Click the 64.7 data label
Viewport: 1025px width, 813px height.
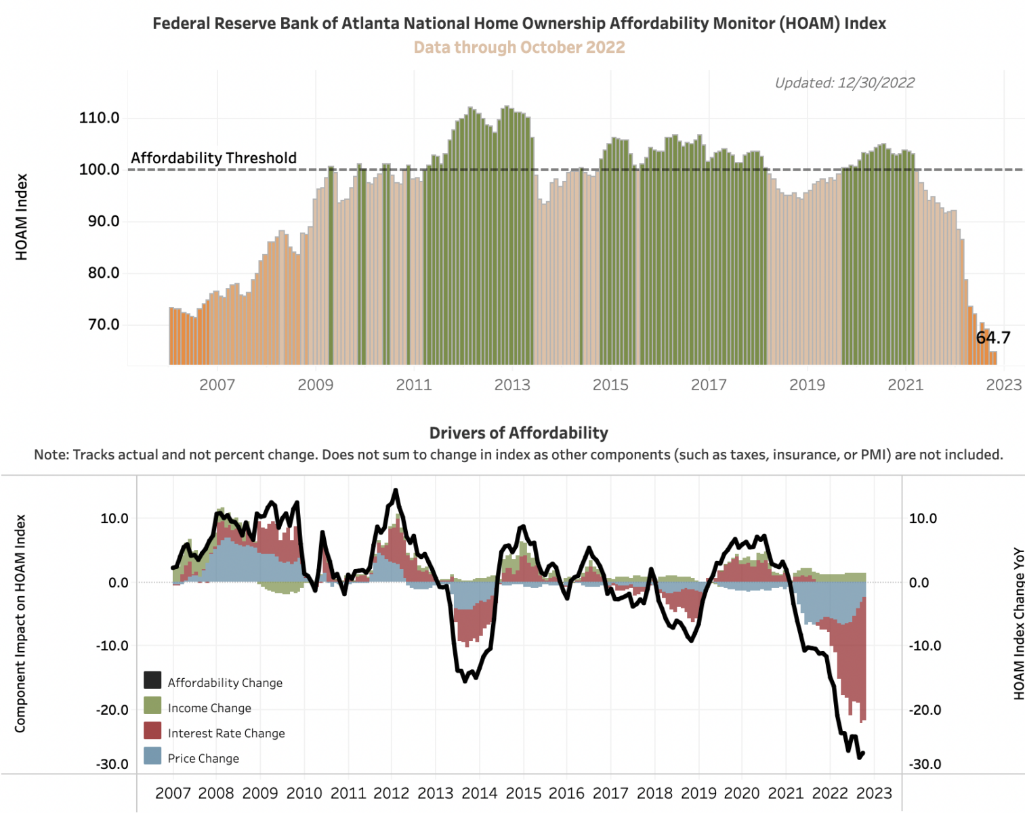[x=993, y=337]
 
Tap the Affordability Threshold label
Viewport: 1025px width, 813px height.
[x=213, y=158]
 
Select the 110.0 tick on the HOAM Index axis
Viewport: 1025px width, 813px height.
[x=99, y=118]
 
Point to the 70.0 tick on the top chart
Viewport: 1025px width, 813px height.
[x=103, y=325]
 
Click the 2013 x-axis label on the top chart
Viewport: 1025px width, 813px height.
[x=512, y=385]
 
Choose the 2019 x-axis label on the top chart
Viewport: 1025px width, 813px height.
[x=807, y=385]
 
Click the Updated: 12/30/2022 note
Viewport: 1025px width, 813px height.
[x=844, y=83]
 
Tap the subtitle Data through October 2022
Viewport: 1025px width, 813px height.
[x=519, y=47]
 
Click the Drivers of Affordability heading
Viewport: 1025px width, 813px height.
[x=518, y=433]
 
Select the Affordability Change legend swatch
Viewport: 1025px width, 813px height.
[x=152, y=680]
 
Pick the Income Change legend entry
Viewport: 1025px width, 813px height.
[x=209, y=708]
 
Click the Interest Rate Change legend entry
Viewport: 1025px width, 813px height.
[x=226, y=733]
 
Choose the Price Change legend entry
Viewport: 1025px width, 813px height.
[x=203, y=758]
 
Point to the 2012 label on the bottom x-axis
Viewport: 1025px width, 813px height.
[x=391, y=793]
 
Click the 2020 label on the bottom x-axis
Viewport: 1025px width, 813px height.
[x=742, y=793]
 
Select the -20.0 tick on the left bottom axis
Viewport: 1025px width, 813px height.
[x=112, y=710]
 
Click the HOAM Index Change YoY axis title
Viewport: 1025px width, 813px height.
[x=1018, y=624]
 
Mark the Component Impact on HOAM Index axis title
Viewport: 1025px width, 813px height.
[x=20, y=623]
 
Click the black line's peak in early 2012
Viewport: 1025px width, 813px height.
[x=396, y=491]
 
